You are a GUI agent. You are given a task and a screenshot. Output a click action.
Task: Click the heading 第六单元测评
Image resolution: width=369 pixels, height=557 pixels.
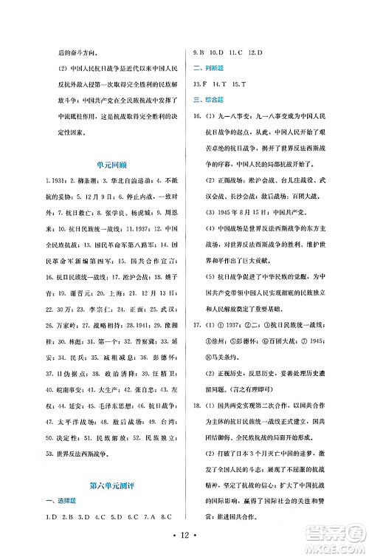click(x=111, y=484)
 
